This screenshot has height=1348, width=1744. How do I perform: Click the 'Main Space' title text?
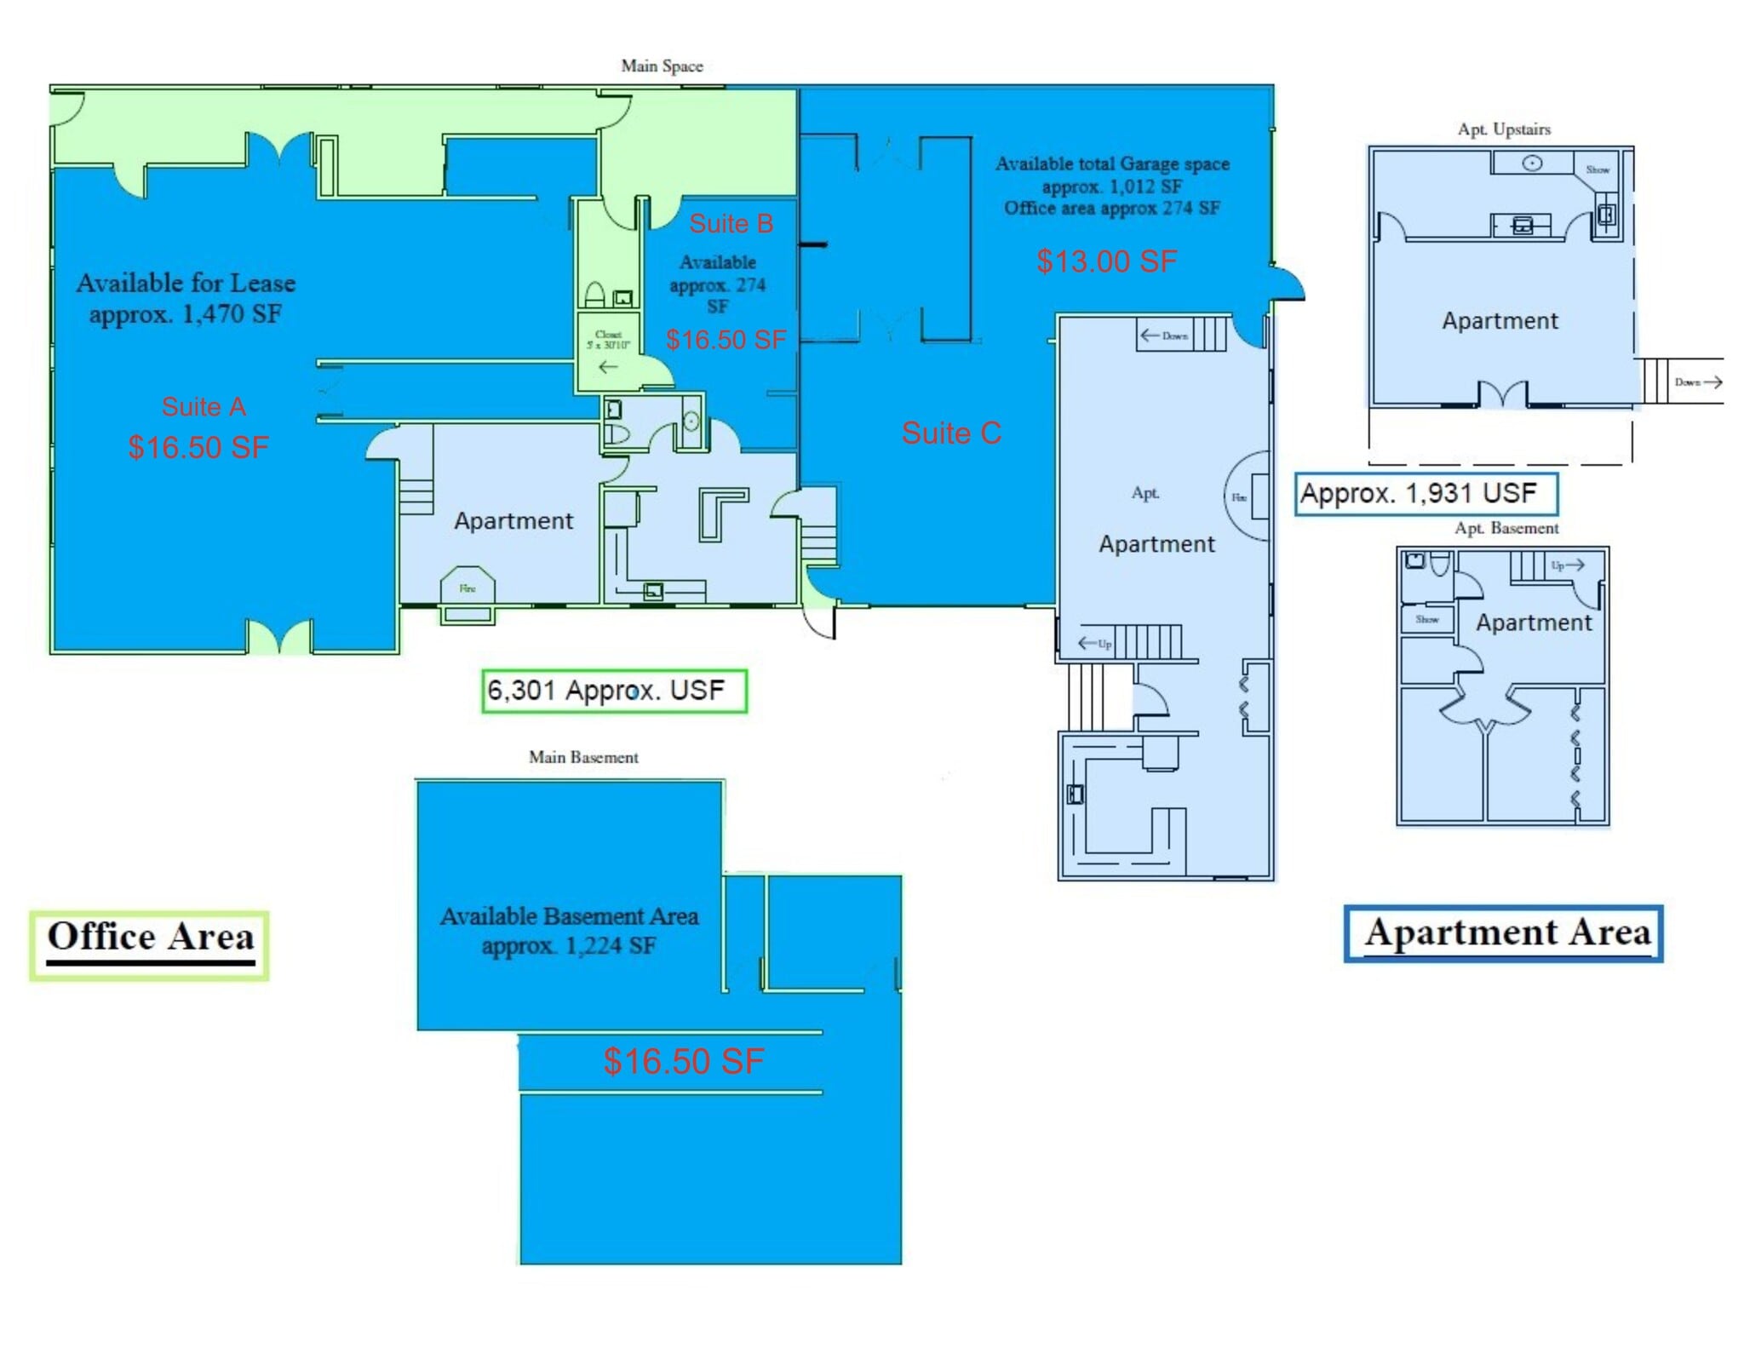(662, 66)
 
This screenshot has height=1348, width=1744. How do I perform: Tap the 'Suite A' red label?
(204, 406)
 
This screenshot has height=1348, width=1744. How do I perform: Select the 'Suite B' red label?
(731, 223)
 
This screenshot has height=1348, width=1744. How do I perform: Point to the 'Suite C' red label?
(951, 433)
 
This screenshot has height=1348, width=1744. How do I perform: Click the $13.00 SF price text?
(1106, 261)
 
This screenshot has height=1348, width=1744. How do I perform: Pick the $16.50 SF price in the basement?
(683, 1061)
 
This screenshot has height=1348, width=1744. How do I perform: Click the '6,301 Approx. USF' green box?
(613, 691)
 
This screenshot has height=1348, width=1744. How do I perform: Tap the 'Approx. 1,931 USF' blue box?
(1425, 493)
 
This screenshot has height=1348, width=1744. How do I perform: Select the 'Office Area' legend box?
(150, 944)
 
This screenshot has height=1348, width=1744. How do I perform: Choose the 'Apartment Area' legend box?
(1504, 933)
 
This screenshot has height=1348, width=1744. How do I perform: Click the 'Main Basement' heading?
(583, 757)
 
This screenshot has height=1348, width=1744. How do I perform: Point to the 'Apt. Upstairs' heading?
(1504, 129)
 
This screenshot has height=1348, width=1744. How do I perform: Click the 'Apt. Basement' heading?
(1506, 528)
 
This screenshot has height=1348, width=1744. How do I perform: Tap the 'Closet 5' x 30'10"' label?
(608, 340)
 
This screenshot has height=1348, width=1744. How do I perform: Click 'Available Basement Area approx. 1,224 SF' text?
(569, 931)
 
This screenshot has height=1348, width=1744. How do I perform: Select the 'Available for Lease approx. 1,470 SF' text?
(186, 298)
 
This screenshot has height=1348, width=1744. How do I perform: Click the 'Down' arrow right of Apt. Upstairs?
(1697, 382)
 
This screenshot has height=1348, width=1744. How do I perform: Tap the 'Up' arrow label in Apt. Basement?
(1567, 565)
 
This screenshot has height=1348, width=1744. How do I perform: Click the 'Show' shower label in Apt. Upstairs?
(1598, 169)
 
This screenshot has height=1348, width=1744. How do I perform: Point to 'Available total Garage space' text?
(1112, 163)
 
